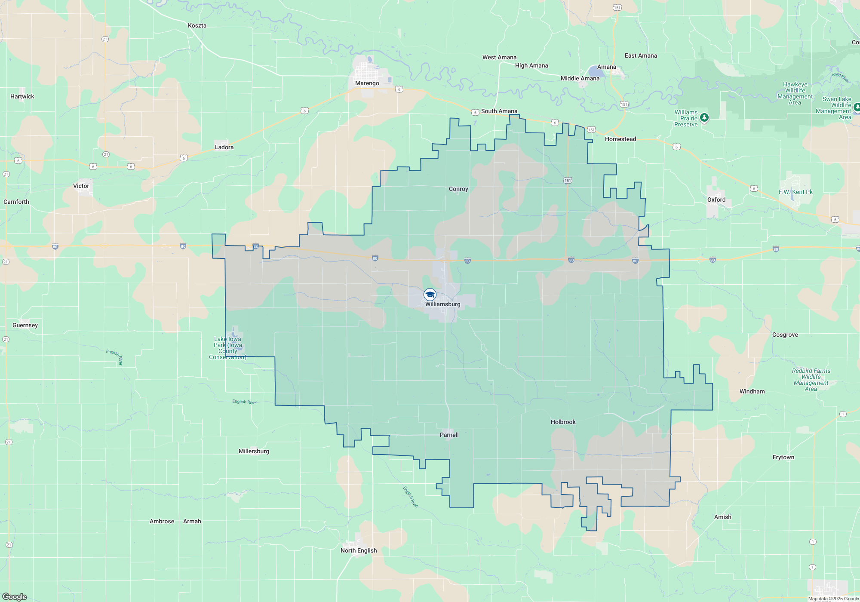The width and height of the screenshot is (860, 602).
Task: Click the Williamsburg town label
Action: point(442,304)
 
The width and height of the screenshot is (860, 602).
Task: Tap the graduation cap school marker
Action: point(430,295)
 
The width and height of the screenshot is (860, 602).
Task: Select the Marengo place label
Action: point(367,83)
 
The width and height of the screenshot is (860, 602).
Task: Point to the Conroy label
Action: point(458,189)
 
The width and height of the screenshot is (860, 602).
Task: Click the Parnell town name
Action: point(449,435)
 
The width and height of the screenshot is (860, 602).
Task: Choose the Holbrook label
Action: point(563,422)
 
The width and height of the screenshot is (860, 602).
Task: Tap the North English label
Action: point(359,550)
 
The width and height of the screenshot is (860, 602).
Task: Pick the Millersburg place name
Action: point(254,451)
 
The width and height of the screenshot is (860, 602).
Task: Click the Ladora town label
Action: point(224,147)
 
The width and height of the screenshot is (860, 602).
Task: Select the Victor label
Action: point(81,186)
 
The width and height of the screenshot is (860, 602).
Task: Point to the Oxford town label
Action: point(716,200)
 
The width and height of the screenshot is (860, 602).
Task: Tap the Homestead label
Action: point(620,139)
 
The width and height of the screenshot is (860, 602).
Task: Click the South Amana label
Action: point(499,111)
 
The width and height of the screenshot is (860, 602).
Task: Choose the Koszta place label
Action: point(197,25)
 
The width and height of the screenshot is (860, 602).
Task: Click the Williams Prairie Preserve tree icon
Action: point(704,117)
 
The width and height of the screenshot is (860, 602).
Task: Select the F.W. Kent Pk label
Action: point(795,192)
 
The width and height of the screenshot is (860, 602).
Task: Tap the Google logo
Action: point(15,596)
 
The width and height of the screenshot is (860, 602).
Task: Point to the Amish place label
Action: point(722,517)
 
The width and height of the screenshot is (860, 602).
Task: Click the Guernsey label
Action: point(25,325)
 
